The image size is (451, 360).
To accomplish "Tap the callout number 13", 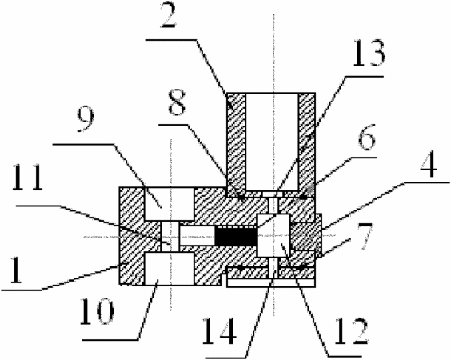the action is tap(369, 54).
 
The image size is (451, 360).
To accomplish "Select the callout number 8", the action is tap(177, 102).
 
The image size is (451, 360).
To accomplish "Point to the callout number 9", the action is tap(86, 121).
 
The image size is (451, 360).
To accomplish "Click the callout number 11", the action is tap(28, 178).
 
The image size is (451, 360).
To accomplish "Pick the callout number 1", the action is tap(15, 270).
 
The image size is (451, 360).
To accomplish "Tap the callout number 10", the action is tap(97, 311).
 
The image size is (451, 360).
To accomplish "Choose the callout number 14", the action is tap(220, 331).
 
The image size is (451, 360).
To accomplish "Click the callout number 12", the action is tap(352, 331).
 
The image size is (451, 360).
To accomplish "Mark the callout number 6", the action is tap(367, 138).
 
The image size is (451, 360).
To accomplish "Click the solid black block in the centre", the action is tap(236, 236).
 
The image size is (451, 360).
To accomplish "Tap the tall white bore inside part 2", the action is tap(272, 142).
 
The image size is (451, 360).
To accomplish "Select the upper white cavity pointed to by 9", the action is tap(170, 204).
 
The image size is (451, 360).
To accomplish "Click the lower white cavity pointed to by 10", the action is tap(170, 269).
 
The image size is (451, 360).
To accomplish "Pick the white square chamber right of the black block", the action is tap(273, 235).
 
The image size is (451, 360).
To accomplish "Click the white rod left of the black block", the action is tap(197, 236).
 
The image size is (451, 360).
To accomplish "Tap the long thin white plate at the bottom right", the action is tap(271, 282).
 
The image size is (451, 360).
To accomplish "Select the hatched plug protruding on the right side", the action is tap(306, 236).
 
